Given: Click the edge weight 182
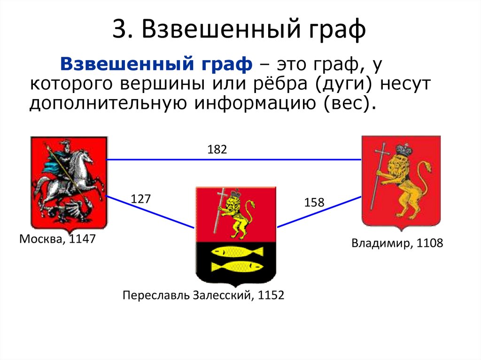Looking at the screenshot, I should [x=217, y=150].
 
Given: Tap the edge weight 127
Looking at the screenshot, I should [x=140, y=199].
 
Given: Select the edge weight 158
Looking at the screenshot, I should [x=314, y=203].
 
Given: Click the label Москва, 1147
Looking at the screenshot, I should [x=58, y=239].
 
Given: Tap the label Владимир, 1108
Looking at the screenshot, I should [x=397, y=244].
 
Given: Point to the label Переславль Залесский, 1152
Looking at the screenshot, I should [x=203, y=296].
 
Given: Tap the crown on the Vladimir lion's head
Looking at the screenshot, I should [x=403, y=150].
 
